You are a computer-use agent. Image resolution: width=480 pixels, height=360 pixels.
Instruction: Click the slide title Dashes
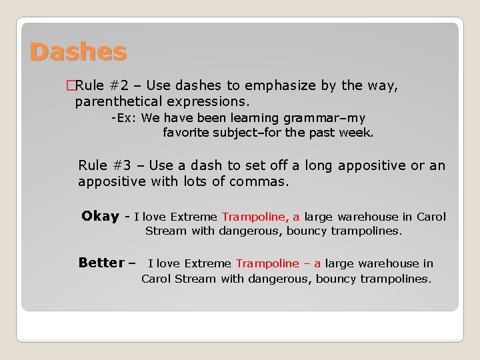pyautogui.click(x=77, y=51)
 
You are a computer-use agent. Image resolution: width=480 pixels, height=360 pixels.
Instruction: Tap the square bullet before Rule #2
pyautogui.click(x=71, y=85)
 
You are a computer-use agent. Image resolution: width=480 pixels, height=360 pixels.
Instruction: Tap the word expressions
pyautogui.click(x=209, y=102)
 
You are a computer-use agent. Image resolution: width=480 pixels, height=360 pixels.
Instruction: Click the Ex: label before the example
pyautogui.click(x=124, y=118)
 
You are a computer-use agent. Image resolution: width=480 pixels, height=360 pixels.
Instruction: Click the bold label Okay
pyautogui.click(x=100, y=216)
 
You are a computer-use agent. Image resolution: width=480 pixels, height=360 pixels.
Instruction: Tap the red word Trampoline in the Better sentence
pyautogui.click(x=267, y=263)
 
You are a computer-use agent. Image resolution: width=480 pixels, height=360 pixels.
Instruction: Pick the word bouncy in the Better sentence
pyautogui.click(x=337, y=279)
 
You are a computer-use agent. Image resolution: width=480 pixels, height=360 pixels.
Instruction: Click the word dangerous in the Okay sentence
pyautogui.click(x=249, y=231)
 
